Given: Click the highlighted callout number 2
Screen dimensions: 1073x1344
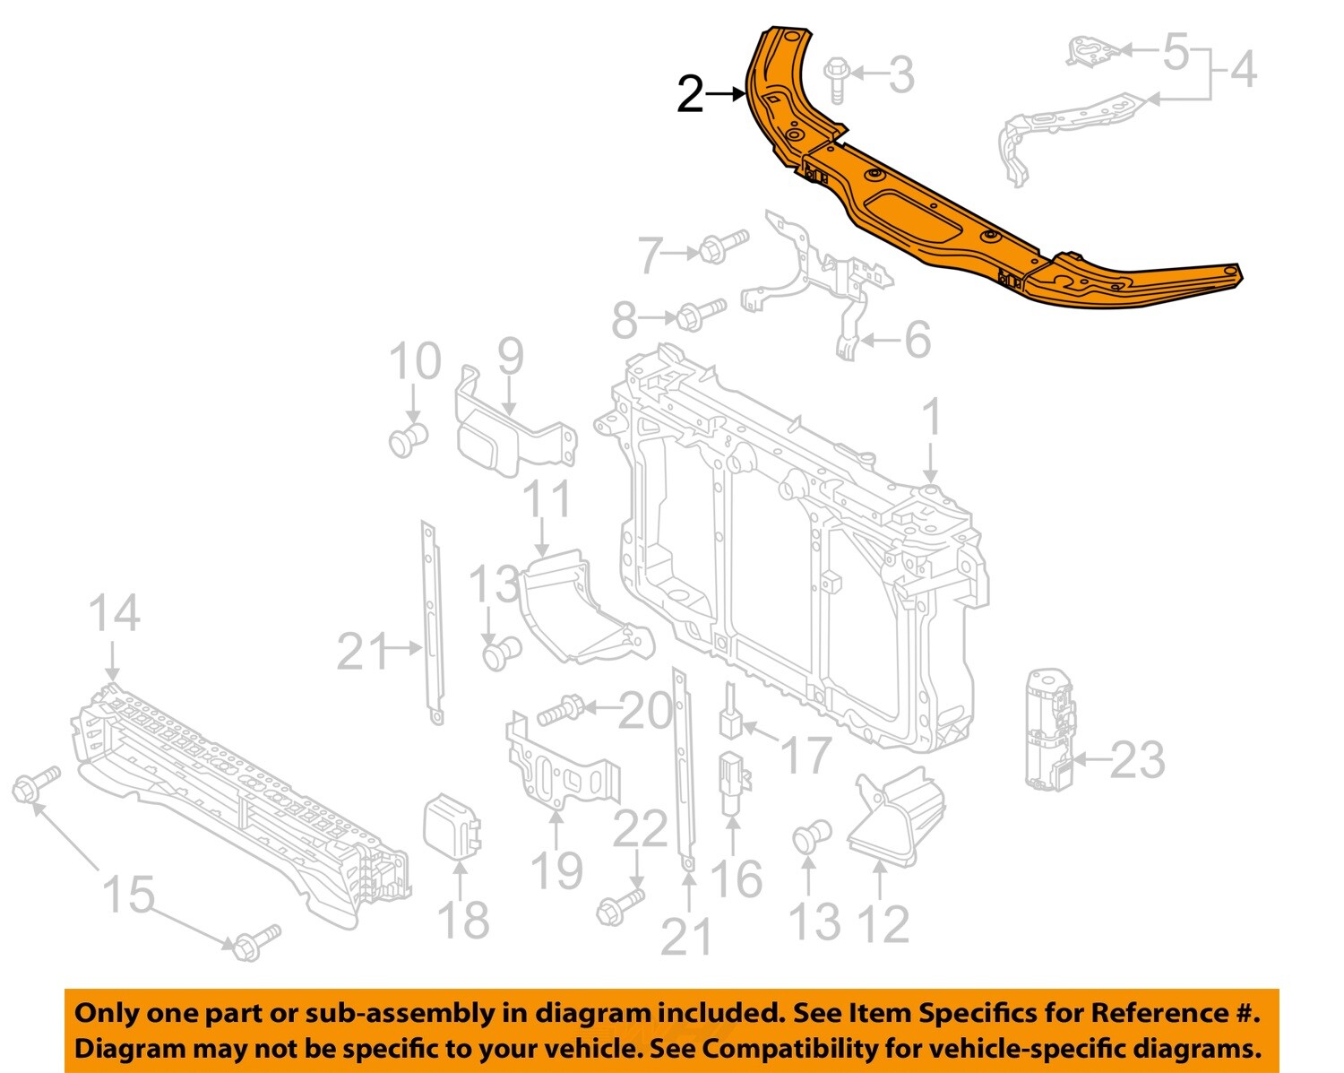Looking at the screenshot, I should (x=690, y=94).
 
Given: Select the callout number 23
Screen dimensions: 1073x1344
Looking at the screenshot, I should (x=1137, y=761).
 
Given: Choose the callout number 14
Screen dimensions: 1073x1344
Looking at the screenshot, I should (x=115, y=614).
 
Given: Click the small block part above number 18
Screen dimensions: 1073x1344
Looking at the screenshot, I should (x=452, y=825).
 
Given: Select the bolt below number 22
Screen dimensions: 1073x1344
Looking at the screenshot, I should (x=620, y=906).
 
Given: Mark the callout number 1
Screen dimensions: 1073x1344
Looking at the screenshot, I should (x=932, y=419).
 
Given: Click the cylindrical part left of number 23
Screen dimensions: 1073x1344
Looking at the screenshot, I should (x=1049, y=731).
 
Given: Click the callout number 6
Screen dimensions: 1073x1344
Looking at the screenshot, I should (x=917, y=340).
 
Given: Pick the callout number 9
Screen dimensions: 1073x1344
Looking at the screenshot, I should (x=510, y=357).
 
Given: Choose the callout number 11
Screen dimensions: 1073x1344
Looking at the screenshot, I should (x=546, y=499).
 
